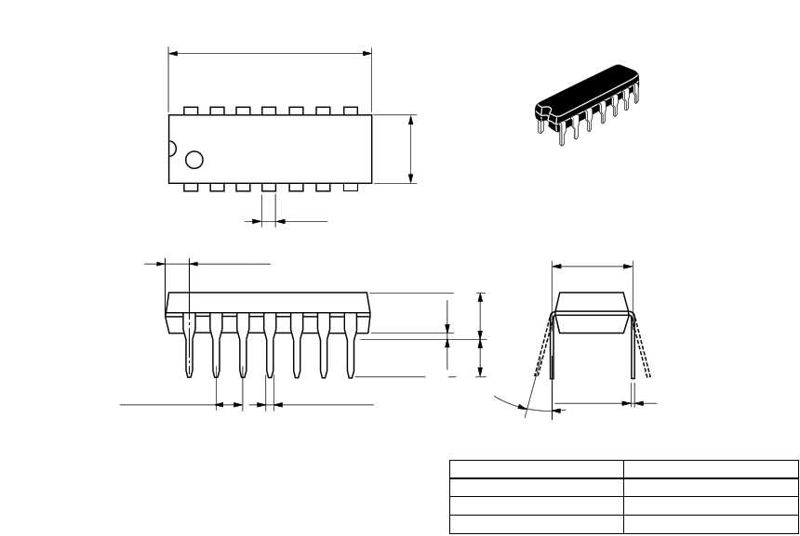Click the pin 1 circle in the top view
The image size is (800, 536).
click(194, 160)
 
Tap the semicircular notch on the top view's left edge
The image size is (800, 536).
click(171, 148)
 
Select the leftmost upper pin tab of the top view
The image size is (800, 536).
click(192, 111)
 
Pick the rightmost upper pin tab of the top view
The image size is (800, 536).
click(351, 111)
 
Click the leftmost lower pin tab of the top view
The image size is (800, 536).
click(192, 188)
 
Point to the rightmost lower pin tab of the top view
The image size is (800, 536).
click(351, 188)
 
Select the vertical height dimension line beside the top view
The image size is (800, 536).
click(411, 149)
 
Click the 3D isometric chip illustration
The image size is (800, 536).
click(589, 105)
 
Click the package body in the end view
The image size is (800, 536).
click(592, 313)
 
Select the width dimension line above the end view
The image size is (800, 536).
click(593, 267)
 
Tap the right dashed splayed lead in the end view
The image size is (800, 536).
click(643, 353)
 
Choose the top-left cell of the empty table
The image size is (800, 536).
click(536, 469)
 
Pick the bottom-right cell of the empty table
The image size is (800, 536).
click(711, 525)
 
